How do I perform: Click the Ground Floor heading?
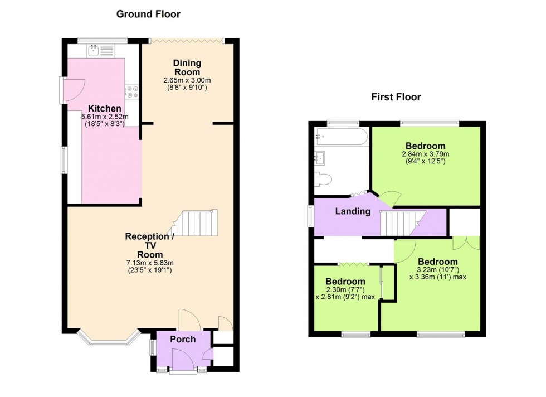[148, 14]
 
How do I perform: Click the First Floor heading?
[396, 97]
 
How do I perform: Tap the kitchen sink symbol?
[93, 51]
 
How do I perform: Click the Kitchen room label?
[104, 108]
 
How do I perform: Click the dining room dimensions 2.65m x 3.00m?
[187, 80]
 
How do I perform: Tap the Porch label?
[183, 339]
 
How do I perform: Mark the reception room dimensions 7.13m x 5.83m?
[149, 263]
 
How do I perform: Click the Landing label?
[353, 211]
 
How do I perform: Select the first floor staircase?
[402, 222]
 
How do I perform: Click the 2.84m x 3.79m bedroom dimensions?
[425, 154]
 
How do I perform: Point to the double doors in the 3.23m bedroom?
[466, 242]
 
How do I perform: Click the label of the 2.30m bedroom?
[345, 282]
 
